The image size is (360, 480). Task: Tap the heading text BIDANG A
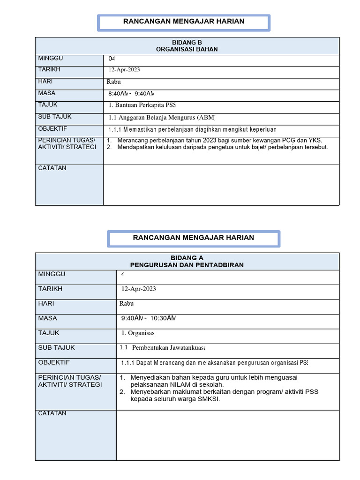pos(187,258)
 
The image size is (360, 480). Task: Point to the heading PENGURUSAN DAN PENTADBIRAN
pos(187,265)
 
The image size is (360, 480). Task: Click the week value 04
pos(112,59)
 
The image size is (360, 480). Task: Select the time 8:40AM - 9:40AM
pos(131,94)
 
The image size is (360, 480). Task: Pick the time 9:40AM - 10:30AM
pos(148,319)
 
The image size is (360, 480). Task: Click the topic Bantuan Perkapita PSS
pos(142,105)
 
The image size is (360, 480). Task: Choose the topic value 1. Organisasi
pos(138,333)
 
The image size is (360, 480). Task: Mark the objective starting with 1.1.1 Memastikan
pos(192,129)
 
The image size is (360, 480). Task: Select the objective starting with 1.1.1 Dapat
pos(214,363)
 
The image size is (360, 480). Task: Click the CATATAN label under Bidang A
pos(52,413)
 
